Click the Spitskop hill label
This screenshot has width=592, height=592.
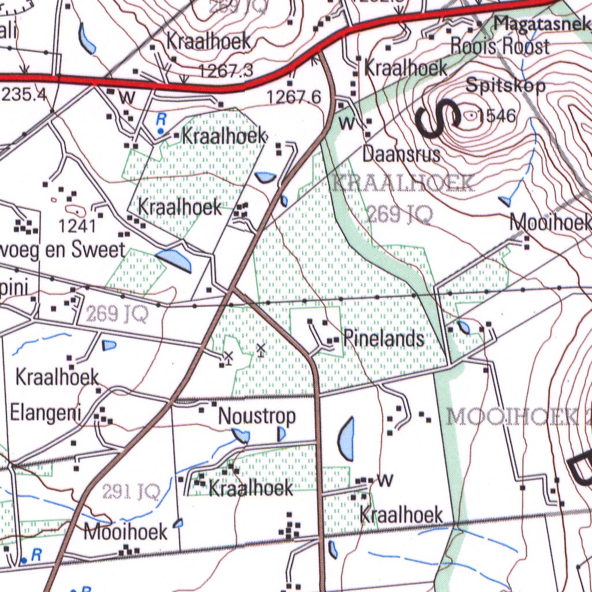(x=505, y=86)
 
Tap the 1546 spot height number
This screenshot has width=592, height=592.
(x=497, y=116)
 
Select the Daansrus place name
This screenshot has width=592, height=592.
(x=401, y=154)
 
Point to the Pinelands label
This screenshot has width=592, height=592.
(x=384, y=339)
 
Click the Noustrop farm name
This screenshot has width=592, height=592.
(x=257, y=416)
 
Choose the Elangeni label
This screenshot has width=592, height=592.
(x=45, y=414)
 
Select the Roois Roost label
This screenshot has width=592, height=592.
(x=499, y=46)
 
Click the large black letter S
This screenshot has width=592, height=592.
(x=438, y=119)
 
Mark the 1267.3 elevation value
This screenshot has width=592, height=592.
(x=225, y=71)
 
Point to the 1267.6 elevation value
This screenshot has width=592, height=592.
(x=294, y=97)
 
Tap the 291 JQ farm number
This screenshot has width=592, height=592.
(x=131, y=492)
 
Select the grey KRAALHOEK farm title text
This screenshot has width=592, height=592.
(x=403, y=184)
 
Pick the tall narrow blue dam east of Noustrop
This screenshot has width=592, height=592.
(x=346, y=439)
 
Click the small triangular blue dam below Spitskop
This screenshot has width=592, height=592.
(x=505, y=201)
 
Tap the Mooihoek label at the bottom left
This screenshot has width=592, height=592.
(x=125, y=532)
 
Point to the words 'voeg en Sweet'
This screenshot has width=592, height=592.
(x=62, y=250)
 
